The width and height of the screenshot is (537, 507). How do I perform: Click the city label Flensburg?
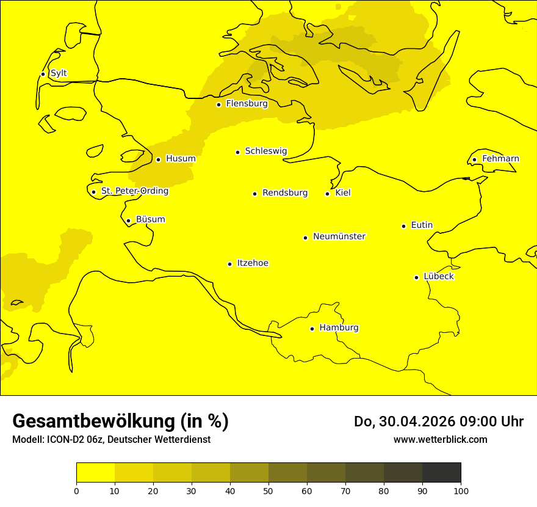[247, 104]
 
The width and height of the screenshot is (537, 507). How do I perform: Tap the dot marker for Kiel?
[327, 194]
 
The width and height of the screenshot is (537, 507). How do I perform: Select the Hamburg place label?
[339, 328]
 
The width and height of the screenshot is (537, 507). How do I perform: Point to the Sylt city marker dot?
[43, 74]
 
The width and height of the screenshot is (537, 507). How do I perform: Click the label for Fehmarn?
[500, 159]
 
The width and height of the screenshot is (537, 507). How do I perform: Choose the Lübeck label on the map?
[438, 277]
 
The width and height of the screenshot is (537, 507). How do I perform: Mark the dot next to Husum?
[158, 159]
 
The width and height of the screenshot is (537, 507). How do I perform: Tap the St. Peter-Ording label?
[134, 191]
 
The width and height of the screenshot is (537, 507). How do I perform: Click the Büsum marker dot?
[128, 221]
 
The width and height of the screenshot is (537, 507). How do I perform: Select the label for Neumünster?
[339, 236]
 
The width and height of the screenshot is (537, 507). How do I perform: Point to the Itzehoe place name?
[253, 263]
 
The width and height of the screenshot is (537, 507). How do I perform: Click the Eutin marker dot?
[403, 226]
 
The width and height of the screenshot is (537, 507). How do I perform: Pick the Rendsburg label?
[285, 193]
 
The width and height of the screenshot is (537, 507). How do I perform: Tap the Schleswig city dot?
[237, 152]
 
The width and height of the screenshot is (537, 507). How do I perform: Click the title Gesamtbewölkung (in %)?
[120, 421]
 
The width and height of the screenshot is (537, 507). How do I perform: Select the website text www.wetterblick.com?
[440, 439]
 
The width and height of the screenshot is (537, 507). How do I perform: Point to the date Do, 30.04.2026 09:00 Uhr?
[438, 421]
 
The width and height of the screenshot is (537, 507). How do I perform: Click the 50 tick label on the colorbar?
[268, 491]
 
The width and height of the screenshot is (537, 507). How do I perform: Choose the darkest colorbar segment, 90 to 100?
[441, 472]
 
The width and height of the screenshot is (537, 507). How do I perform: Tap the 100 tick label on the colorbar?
[461, 491]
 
